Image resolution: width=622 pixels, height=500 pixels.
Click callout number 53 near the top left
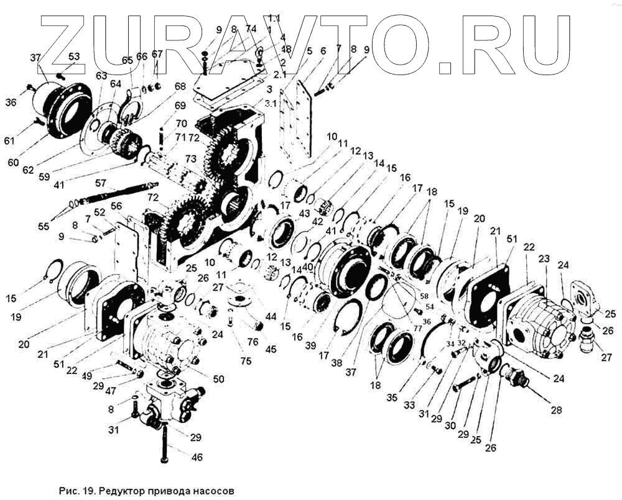(74, 57)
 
